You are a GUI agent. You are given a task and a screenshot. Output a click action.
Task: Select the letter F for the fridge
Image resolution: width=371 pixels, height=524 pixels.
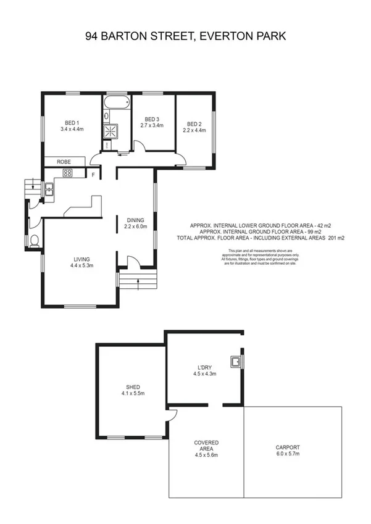point(93,175)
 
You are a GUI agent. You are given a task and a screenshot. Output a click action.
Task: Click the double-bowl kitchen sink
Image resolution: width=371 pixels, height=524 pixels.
point(49,189)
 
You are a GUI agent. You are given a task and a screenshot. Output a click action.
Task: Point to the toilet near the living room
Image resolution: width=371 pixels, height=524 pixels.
point(35,240)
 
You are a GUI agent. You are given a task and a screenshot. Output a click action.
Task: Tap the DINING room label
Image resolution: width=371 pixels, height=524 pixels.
point(136,220)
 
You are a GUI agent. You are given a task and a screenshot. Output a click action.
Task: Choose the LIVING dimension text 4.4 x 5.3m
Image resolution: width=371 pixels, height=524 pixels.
point(81,266)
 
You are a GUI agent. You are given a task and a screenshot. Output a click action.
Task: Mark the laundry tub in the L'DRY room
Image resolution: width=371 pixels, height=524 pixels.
point(235,361)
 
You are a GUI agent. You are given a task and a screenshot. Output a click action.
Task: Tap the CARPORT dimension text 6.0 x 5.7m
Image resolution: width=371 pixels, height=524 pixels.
point(288,454)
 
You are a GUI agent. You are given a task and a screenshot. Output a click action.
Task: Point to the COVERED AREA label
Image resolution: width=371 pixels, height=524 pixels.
point(206,446)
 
